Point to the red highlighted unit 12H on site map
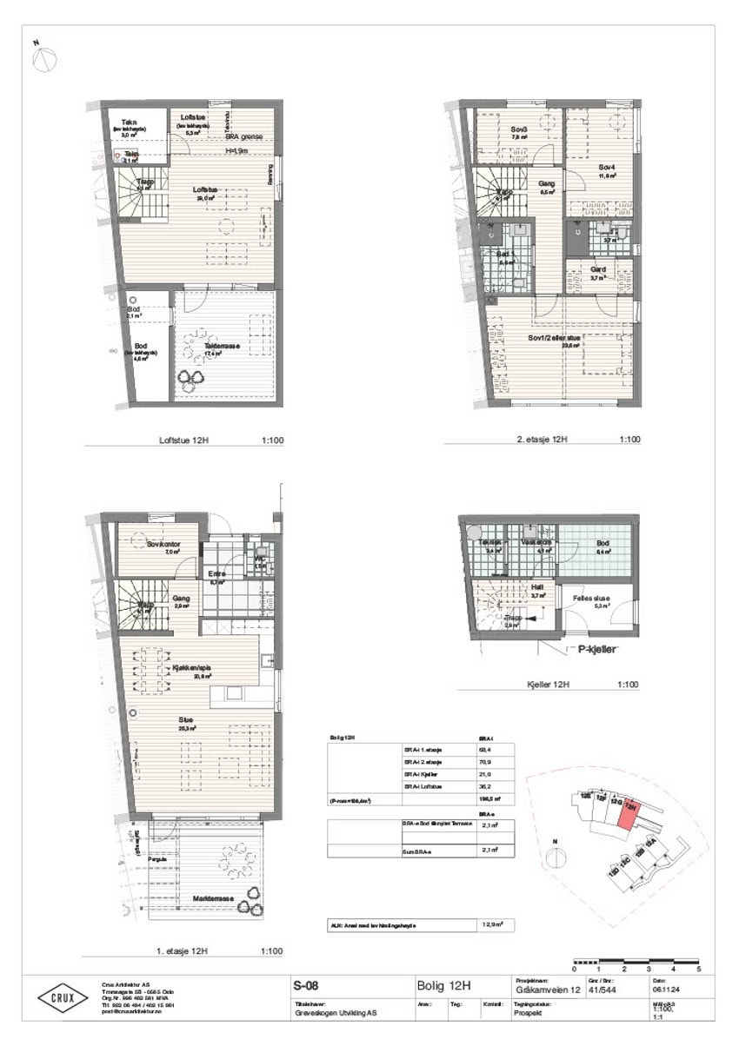coord(625,810)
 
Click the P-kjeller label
coord(591,648)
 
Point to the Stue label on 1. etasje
coord(186,720)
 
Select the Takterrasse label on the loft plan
coord(223,346)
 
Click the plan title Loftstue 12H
coord(183,440)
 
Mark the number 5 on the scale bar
coord(699,968)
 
